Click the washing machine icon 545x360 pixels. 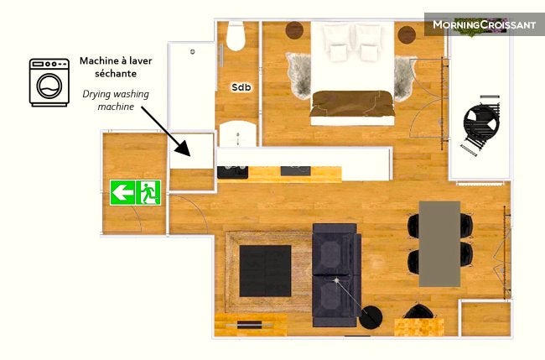(49, 82)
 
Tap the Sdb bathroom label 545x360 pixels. (241, 87)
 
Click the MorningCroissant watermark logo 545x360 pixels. (484, 24)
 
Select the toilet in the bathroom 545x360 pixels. (236, 36)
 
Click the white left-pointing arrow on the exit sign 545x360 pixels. (122, 192)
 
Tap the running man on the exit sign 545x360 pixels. (149, 192)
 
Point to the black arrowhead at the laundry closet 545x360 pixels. (183, 149)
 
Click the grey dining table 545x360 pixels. (439, 244)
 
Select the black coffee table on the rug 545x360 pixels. (265, 271)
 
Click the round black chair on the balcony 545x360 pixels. (481, 123)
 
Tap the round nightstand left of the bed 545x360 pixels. (294, 30)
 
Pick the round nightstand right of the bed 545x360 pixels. (407, 34)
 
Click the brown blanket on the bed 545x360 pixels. (352, 104)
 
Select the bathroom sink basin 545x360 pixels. (238, 134)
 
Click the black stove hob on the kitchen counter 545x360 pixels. (232, 172)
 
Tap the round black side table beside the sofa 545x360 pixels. (371, 317)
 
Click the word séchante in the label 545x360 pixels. (116, 74)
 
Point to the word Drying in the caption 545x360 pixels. (96, 95)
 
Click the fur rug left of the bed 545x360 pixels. (299, 76)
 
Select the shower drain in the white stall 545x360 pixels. (192, 52)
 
